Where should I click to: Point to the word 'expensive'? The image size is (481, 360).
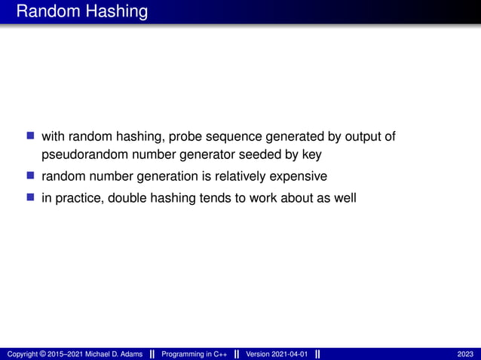(x=299, y=177)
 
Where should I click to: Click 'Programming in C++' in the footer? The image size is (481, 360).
(x=194, y=354)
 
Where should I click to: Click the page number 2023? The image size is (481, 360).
(x=465, y=354)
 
